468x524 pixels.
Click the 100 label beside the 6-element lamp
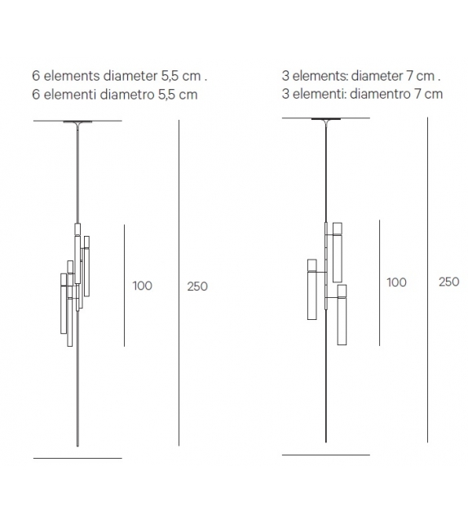tap(142, 286)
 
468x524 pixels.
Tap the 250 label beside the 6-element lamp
tap(196, 286)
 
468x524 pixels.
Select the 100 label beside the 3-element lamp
tap(396, 282)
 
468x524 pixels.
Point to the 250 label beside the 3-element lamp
tap(448, 282)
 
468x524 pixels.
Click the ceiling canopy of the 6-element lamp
tap(77, 122)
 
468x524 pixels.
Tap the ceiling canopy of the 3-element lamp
tap(326, 120)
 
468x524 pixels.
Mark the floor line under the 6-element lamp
tap(77, 458)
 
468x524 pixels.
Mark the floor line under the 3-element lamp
tap(325, 455)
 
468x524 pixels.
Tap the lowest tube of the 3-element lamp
tap(342, 313)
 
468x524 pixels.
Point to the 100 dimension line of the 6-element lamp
tap(124, 286)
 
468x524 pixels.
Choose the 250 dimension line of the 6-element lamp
tap(179, 286)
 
